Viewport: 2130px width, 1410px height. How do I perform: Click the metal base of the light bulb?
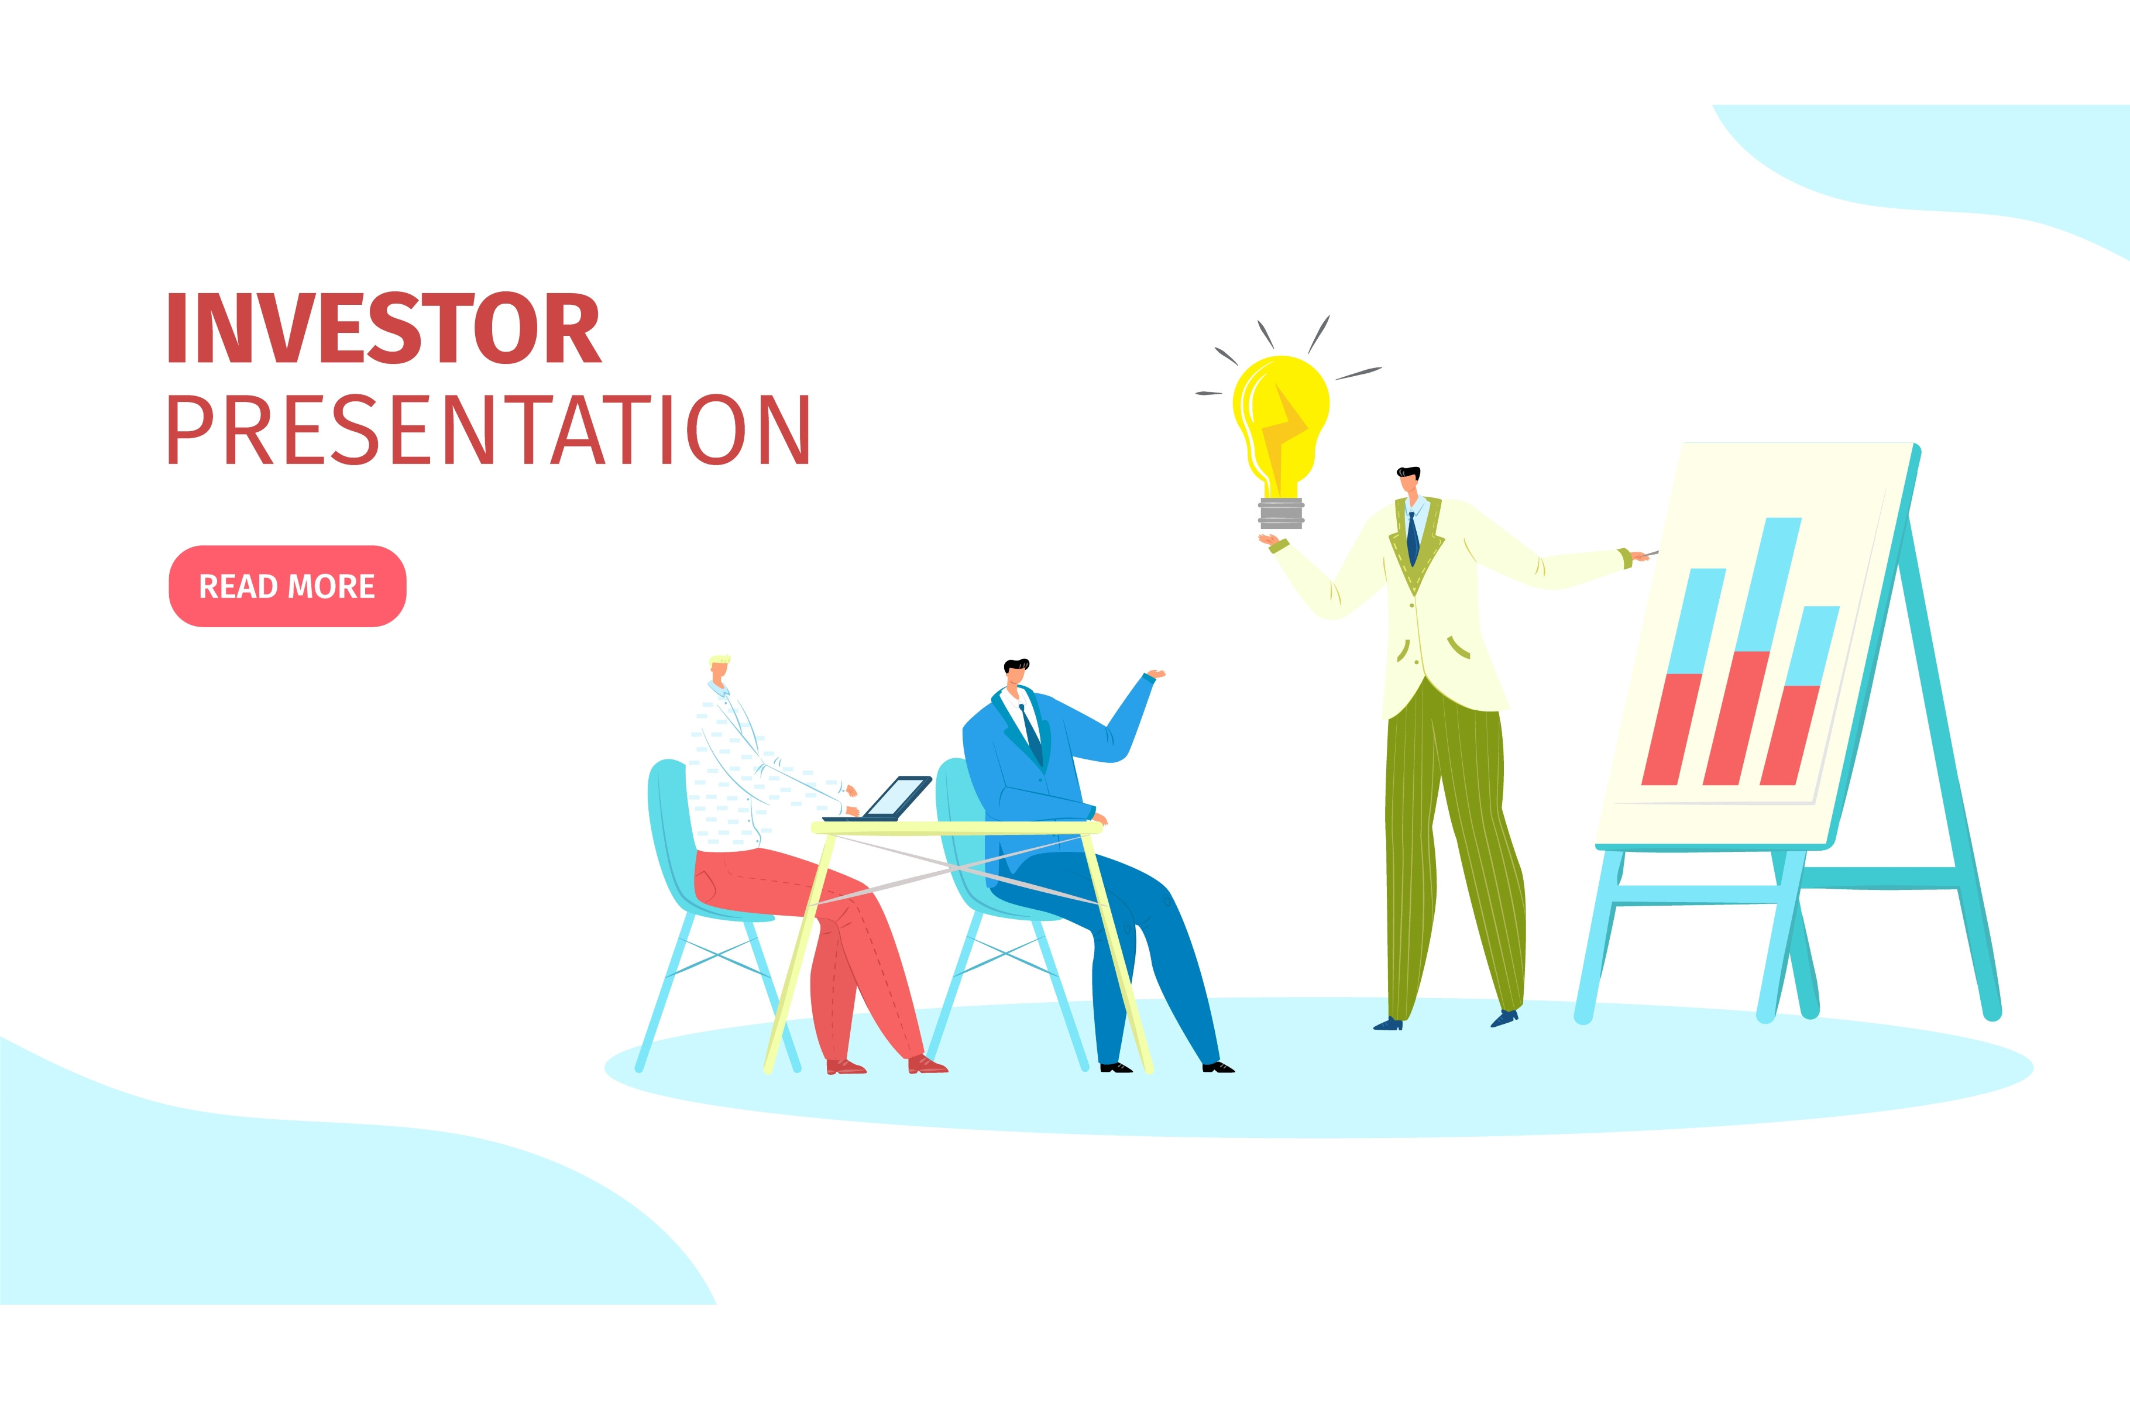tap(1282, 513)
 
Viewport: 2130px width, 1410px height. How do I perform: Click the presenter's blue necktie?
tap(1413, 537)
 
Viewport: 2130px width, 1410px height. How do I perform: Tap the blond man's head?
tap(719, 669)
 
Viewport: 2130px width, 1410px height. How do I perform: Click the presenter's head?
tap(1409, 482)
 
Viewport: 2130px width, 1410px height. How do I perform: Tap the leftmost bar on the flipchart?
tap(1683, 676)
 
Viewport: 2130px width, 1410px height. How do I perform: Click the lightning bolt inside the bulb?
tap(1282, 432)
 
